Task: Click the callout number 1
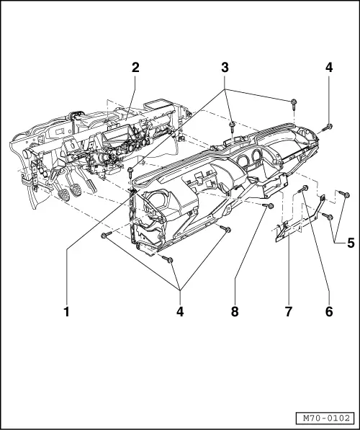(x=67, y=312)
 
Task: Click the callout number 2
(x=135, y=68)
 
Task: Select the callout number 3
(x=225, y=68)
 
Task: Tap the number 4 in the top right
(x=328, y=68)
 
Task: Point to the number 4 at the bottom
(x=180, y=312)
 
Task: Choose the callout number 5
(x=350, y=263)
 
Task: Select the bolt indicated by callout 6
(x=305, y=189)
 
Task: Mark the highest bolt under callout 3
(x=295, y=102)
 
